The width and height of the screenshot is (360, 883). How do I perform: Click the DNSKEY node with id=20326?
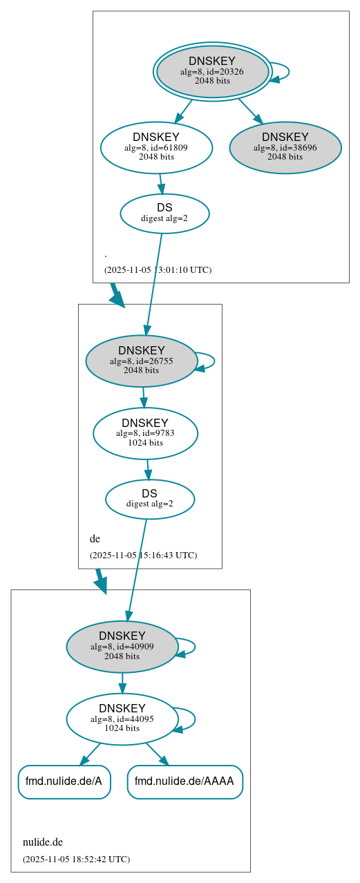(212, 71)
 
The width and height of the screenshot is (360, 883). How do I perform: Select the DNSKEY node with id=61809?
(156, 147)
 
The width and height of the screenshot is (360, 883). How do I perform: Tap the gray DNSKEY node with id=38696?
(285, 147)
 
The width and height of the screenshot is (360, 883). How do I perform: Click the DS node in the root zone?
(164, 213)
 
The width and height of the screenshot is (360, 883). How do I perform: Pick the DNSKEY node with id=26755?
(142, 361)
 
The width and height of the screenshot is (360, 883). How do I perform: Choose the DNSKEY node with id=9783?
(145, 433)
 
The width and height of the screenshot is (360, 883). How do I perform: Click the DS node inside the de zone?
(150, 499)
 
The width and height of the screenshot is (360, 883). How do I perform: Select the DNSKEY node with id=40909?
(122, 647)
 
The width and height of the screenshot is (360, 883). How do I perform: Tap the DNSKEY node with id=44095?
(122, 719)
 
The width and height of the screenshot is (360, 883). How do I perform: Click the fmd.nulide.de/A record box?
(64, 781)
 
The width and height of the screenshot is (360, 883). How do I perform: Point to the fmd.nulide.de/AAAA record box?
(184, 781)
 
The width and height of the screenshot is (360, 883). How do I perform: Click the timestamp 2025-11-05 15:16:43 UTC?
(143, 555)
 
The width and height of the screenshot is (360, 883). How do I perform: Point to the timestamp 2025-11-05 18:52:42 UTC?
(76, 859)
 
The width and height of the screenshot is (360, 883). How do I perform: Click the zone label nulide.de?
(43, 842)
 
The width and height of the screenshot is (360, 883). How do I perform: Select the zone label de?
(95, 538)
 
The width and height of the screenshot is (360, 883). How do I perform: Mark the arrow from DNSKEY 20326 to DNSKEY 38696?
(250, 111)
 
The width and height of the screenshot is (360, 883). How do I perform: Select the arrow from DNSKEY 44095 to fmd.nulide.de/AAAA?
(157, 754)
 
